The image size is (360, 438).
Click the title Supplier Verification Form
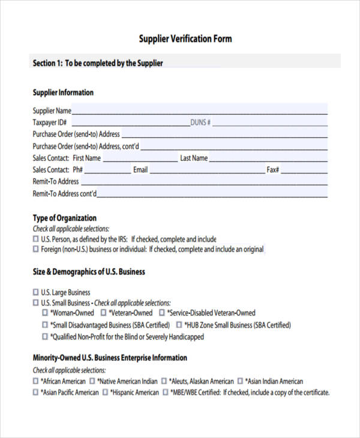tap(185, 39)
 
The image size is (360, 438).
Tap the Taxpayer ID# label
tap(49, 122)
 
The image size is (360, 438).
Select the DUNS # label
tap(200, 122)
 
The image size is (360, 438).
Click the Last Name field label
tap(194, 158)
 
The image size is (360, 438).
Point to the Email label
tap(140, 170)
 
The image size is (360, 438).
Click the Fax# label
tap(273, 170)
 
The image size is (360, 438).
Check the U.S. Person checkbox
tap(35, 239)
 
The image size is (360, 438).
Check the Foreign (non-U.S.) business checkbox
tap(35, 249)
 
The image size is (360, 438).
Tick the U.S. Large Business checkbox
tap(35, 293)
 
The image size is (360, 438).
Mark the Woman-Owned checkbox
tap(45, 313)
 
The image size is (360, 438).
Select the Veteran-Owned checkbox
tap(104, 313)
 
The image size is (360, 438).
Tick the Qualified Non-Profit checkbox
tap(45, 337)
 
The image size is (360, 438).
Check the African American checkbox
tap(35, 381)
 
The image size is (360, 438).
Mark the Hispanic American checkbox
tap(105, 392)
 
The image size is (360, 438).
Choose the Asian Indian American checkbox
tap(241, 381)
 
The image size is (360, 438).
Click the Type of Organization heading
tap(64, 218)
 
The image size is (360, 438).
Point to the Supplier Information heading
tap(63, 92)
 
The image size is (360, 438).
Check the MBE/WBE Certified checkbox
tap(165, 392)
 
